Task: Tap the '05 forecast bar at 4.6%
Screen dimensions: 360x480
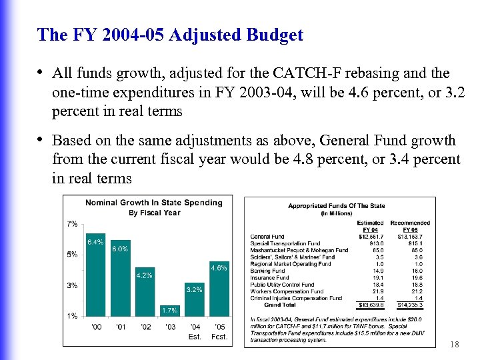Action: (219, 289)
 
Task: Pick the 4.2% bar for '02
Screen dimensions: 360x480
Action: (145, 293)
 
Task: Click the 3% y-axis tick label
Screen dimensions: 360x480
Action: (73, 285)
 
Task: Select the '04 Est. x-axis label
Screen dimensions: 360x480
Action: (195, 331)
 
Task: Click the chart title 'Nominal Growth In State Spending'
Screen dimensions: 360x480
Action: (153, 203)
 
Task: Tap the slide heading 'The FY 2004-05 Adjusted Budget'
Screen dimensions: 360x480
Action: (171, 35)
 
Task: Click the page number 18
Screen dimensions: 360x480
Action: (455, 344)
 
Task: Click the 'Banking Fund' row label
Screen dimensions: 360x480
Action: (267, 271)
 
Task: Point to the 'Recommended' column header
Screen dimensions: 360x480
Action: (410, 223)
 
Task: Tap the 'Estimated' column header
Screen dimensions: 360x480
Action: (370, 223)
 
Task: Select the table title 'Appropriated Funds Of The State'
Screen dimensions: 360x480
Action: (337, 206)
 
